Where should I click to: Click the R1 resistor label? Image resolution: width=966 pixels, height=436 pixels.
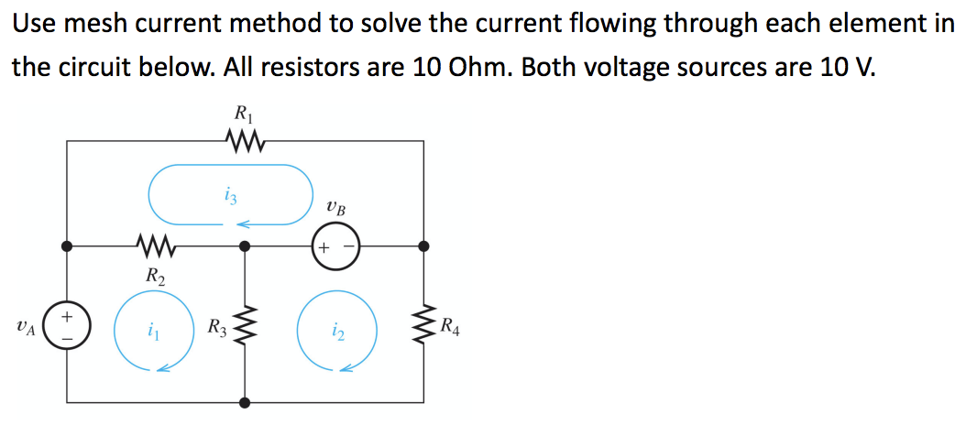243,115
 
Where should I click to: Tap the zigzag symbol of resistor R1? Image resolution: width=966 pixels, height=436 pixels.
244,141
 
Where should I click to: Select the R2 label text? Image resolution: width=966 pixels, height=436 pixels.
155,274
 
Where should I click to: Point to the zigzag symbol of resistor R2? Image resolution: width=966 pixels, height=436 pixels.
155,245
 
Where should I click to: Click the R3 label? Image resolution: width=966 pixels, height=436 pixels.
217,326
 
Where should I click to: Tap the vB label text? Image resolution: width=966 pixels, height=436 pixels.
336,207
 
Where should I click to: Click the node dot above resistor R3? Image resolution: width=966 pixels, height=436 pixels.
244,246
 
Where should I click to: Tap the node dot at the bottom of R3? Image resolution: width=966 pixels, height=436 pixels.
244,402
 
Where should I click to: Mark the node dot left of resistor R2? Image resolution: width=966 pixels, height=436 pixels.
67,246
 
